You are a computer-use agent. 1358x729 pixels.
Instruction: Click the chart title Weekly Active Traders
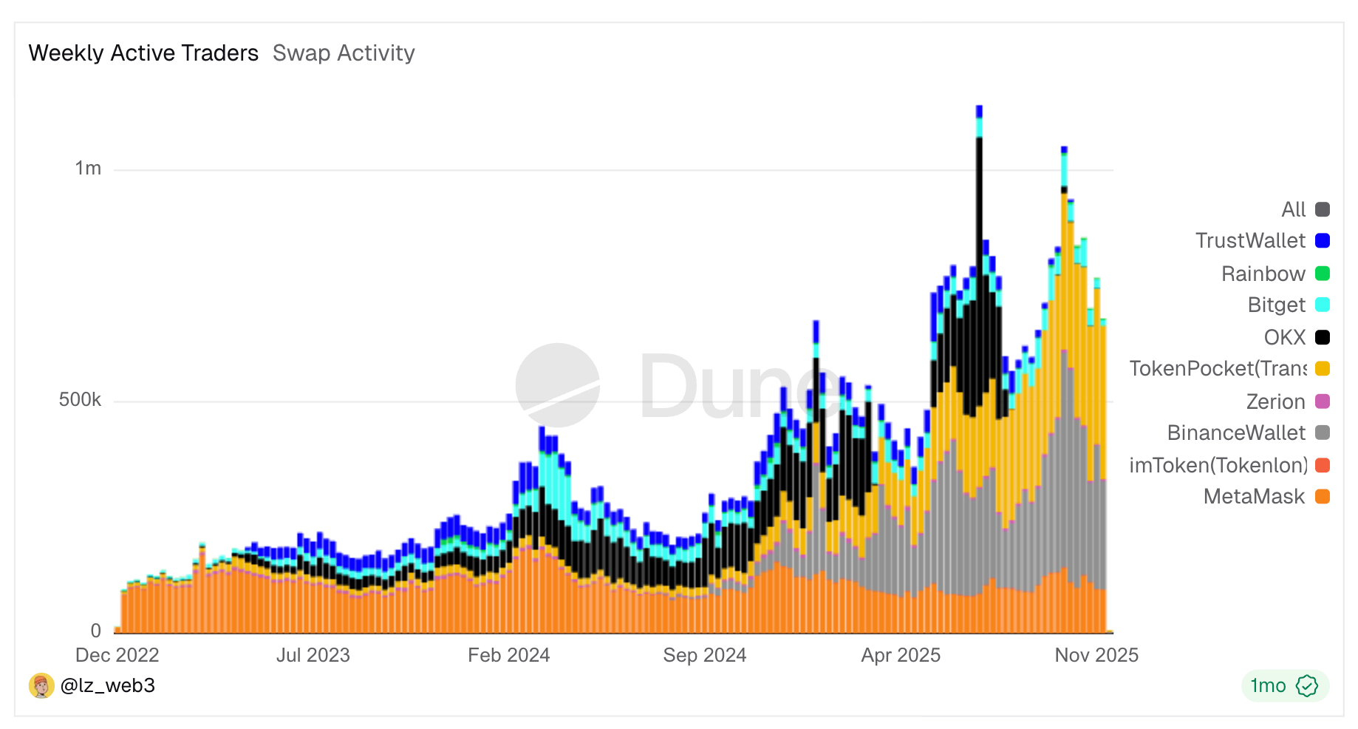(x=143, y=53)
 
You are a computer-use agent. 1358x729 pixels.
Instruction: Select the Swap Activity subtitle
(x=344, y=53)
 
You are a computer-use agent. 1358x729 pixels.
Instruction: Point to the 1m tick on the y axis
(x=88, y=169)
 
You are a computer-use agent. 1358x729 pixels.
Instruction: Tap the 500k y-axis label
(x=80, y=400)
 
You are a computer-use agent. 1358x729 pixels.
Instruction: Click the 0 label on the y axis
(x=96, y=631)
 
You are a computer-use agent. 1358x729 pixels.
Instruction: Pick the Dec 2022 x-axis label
(x=117, y=655)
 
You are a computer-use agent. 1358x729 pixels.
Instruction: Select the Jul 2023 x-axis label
(x=313, y=655)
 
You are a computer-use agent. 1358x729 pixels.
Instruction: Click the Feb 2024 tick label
(x=508, y=655)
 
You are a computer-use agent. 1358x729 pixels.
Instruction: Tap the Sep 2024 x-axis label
(x=704, y=655)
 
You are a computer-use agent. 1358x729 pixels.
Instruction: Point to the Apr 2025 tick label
(x=901, y=655)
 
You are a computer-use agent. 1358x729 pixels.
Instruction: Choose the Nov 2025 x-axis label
(x=1096, y=655)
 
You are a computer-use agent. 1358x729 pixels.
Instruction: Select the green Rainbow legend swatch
(x=1323, y=274)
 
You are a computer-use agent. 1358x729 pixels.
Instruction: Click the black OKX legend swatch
(x=1323, y=337)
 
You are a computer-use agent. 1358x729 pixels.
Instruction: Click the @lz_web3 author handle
(x=108, y=685)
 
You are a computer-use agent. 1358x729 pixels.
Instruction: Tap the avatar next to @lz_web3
(x=41, y=685)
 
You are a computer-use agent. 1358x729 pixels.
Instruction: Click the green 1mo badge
(x=1284, y=685)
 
